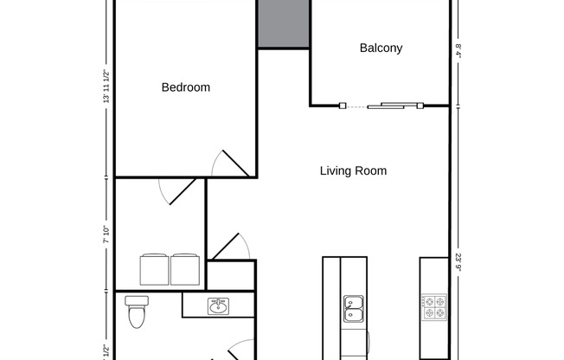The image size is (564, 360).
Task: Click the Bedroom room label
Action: click(186, 87)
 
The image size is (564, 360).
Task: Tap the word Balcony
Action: click(381, 48)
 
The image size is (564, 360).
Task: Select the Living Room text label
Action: click(353, 171)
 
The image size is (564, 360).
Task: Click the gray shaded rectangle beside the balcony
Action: click(283, 23)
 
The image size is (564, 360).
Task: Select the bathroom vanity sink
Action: click(217, 305)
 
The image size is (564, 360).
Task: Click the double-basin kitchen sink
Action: click(354, 304)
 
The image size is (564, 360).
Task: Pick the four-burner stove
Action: click(433, 304)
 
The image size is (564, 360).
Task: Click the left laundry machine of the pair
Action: click(154, 269)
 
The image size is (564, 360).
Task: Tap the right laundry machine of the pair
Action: click(185, 269)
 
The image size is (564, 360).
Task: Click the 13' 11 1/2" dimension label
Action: click(106, 87)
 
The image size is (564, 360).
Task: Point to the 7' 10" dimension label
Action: click(106, 234)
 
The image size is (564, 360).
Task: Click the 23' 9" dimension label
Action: click(458, 260)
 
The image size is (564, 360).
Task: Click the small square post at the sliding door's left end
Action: click(343, 106)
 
